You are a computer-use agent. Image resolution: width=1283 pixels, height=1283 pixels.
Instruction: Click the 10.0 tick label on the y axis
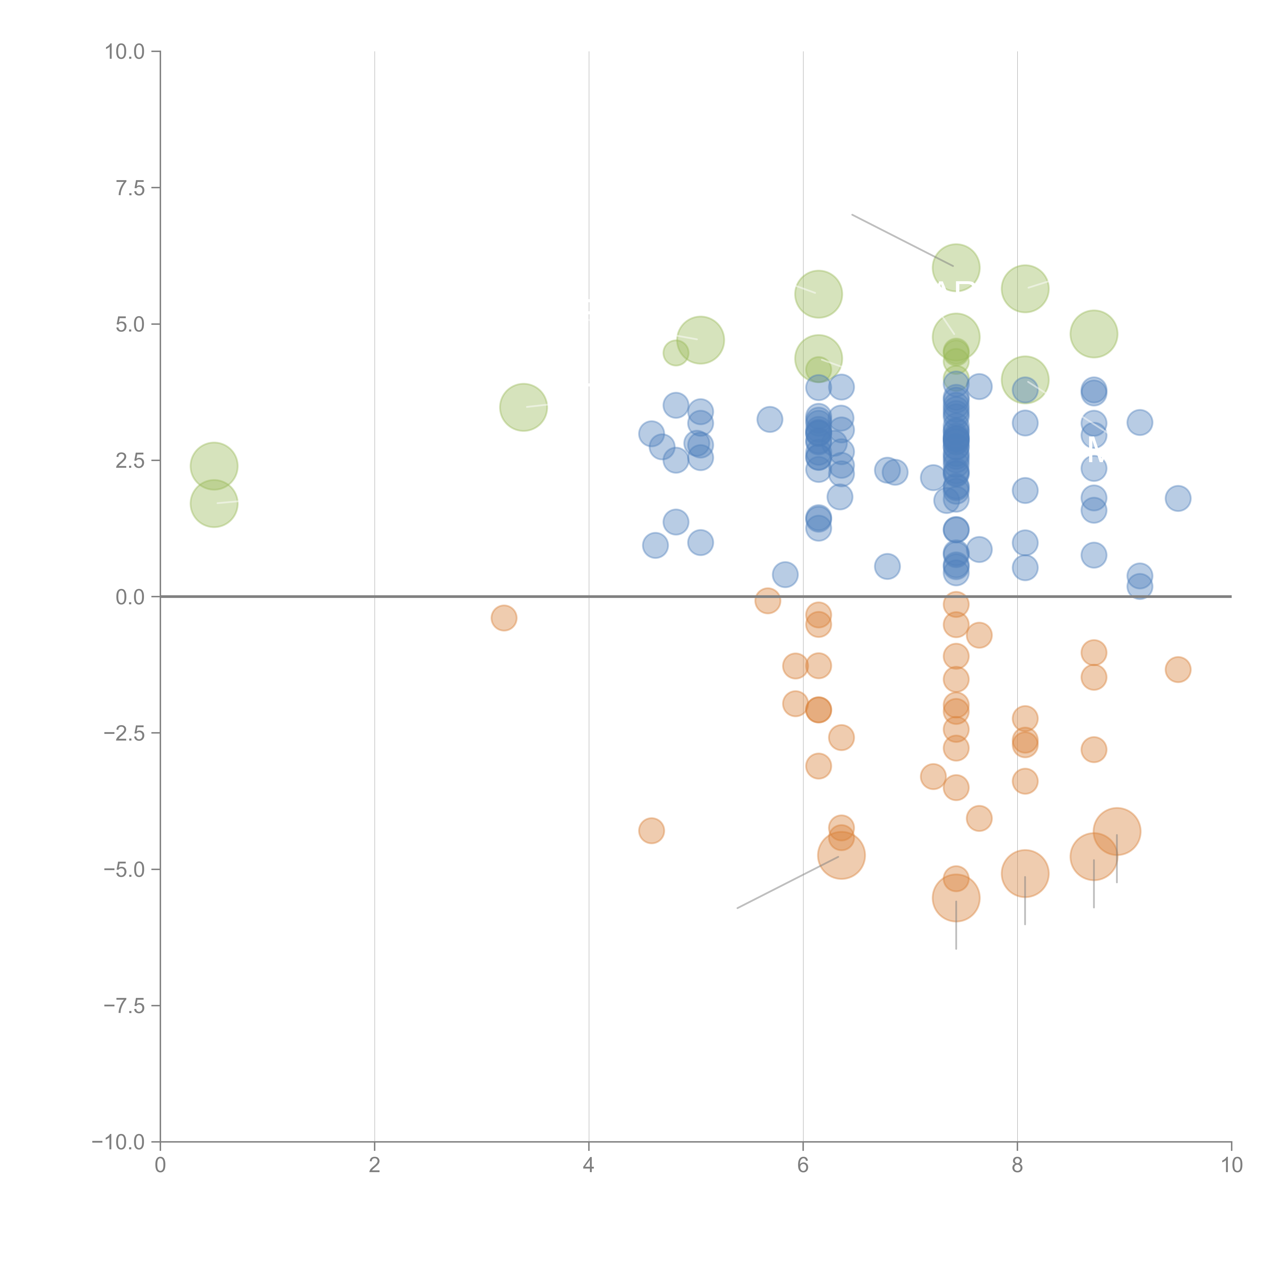click(x=125, y=52)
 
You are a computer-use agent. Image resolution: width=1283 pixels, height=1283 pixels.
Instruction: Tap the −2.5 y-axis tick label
click(x=125, y=733)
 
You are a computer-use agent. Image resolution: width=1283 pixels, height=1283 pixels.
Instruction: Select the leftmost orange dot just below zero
click(x=504, y=618)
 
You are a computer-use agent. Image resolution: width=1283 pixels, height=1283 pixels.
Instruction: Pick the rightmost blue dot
click(x=1178, y=498)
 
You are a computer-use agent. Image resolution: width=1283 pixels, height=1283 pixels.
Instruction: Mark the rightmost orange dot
click(x=1178, y=669)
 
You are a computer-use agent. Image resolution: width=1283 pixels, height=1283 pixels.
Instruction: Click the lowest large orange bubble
click(x=956, y=898)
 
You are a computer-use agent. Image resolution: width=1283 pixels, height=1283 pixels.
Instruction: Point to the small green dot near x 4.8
click(x=675, y=353)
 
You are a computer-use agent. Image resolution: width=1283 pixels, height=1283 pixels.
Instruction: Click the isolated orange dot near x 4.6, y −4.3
click(x=652, y=830)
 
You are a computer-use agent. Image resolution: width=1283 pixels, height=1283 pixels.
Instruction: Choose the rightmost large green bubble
click(x=1094, y=334)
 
